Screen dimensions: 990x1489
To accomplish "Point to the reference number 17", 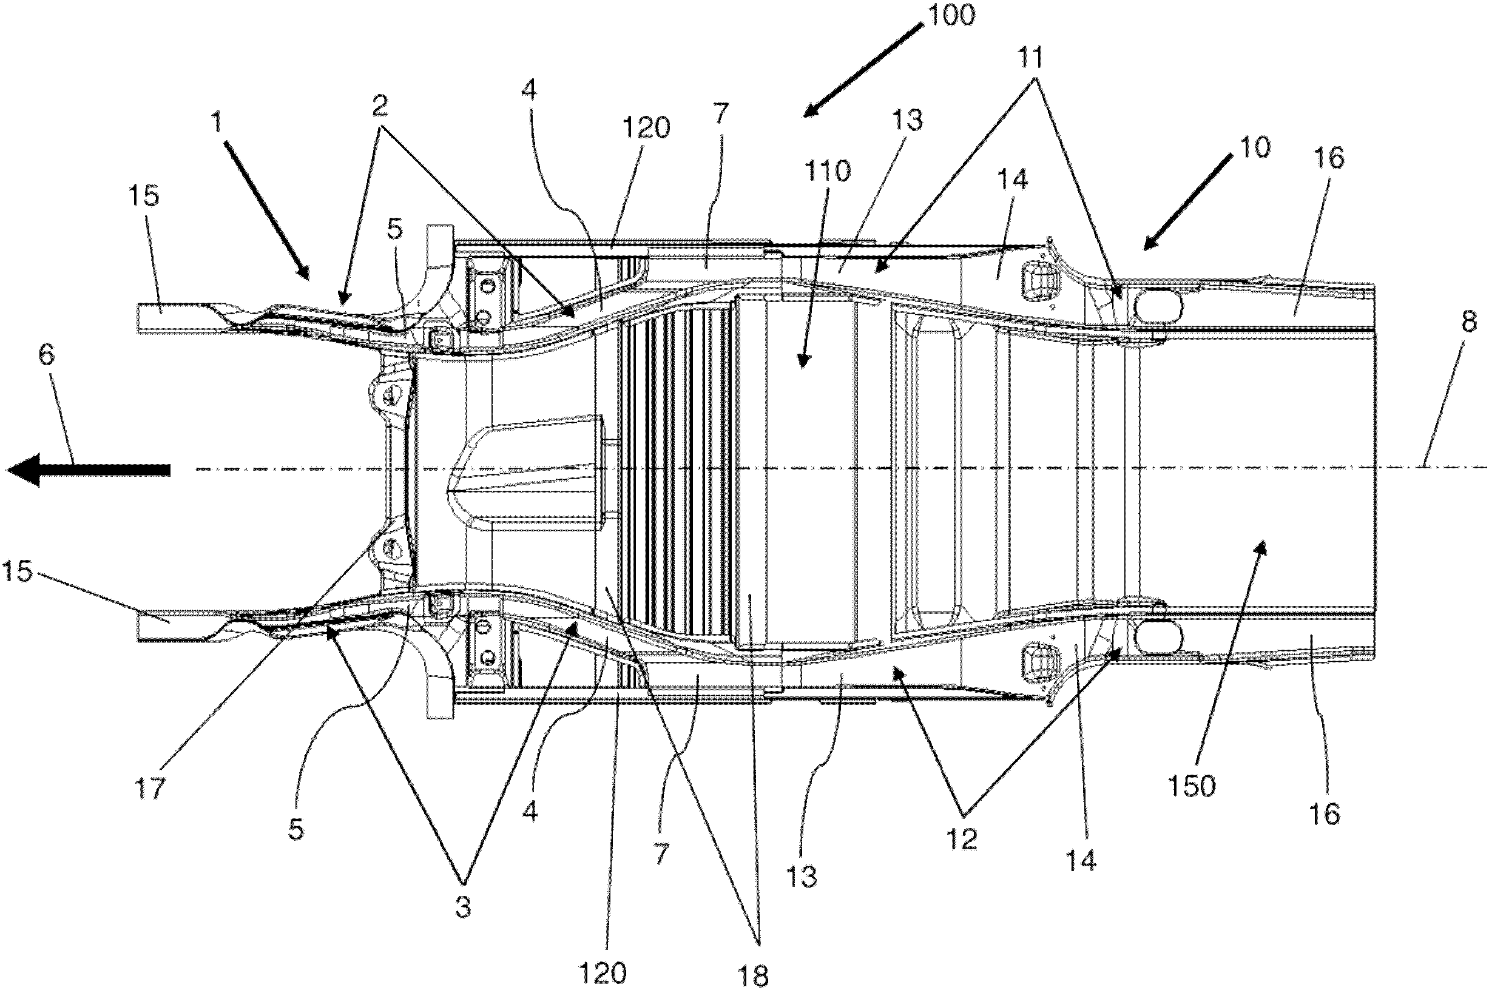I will pyautogui.click(x=150, y=788).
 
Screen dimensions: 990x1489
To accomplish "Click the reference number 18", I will pyautogui.click(x=755, y=976).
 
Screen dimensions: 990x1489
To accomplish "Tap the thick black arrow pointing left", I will pyautogui.click(x=89, y=469).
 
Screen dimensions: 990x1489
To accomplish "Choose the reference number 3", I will pyautogui.click(x=464, y=908).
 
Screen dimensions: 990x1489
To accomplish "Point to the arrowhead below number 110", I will pyautogui.click(x=803, y=361).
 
